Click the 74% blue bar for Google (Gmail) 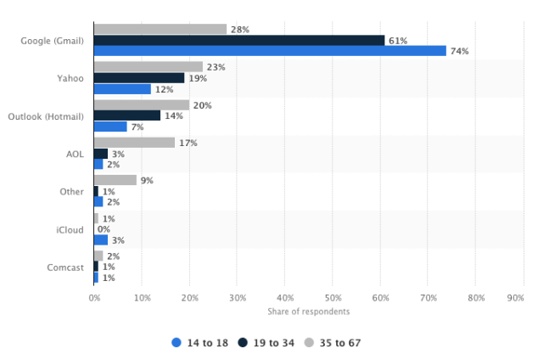[x=270, y=51]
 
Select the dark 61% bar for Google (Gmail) [x=239, y=40]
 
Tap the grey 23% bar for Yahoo [x=149, y=66]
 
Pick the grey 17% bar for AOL [x=134, y=143]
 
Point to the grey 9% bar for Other [x=115, y=180]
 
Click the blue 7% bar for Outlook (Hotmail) [x=110, y=127]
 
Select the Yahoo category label [x=71, y=77]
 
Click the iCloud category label [x=71, y=229]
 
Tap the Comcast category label [x=66, y=267]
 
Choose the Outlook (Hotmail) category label [x=46, y=115]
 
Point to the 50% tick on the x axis [x=333, y=298]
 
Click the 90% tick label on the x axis [x=514, y=298]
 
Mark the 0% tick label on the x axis [x=94, y=298]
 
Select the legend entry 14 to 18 [x=200, y=343]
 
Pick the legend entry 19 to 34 [x=266, y=343]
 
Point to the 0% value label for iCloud [x=104, y=229]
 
